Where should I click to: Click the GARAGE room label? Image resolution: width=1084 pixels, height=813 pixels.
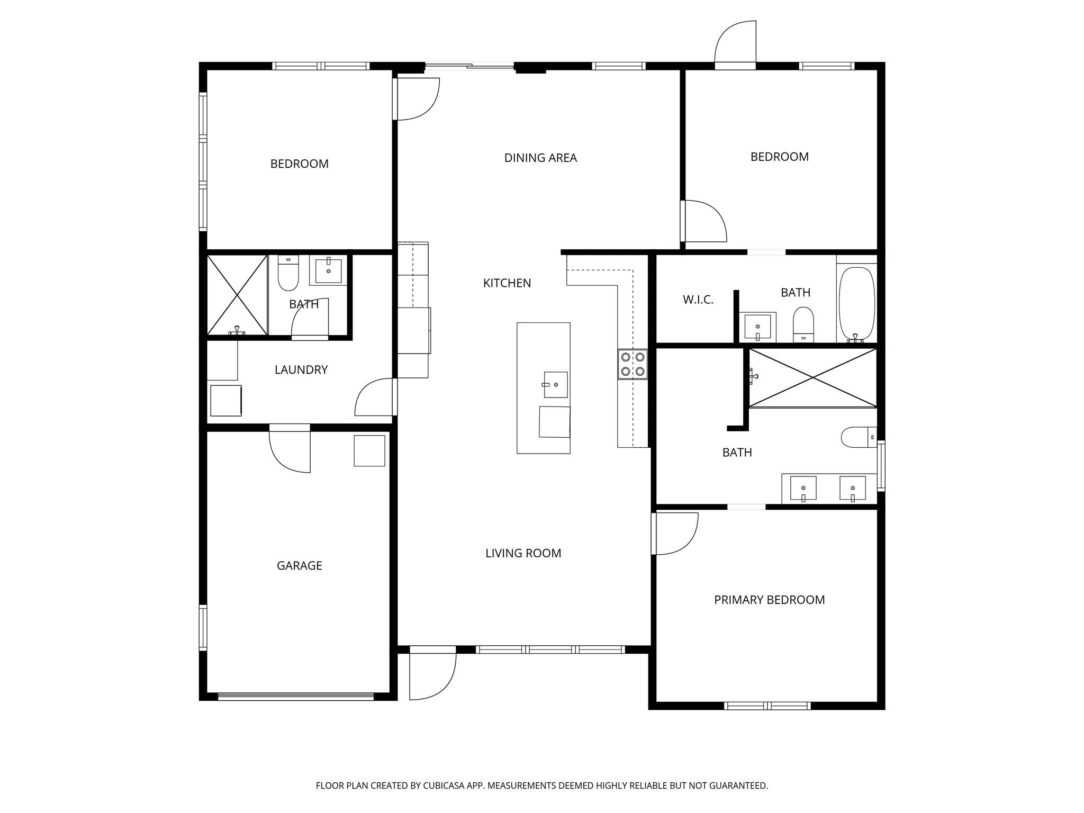tap(299, 565)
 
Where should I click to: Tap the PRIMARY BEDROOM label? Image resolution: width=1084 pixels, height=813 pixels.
tap(769, 600)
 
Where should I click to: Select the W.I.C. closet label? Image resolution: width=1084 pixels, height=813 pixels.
tap(698, 300)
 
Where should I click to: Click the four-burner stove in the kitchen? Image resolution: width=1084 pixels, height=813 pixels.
tap(633, 364)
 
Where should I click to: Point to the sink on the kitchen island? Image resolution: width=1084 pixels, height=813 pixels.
tap(555, 384)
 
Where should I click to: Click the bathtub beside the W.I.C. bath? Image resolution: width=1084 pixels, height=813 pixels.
tap(856, 303)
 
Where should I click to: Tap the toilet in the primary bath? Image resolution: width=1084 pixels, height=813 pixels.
tap(857, 437)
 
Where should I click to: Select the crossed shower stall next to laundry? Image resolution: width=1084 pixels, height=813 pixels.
tap(237, 295)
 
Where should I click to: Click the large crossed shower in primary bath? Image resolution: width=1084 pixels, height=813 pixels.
tap(812, 377)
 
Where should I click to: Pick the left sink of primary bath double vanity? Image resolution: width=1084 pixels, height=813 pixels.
tap(803, 487)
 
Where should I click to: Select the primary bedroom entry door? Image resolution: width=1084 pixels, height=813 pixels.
tap(675, 534)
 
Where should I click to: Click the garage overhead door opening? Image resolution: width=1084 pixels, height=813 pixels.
tap(296, 697)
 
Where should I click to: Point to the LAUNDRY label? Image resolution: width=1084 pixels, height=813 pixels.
tap(301, 369)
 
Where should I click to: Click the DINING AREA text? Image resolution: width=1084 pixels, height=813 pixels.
tap(540, 158)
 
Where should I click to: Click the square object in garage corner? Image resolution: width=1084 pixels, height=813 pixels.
tap(369, 450)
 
